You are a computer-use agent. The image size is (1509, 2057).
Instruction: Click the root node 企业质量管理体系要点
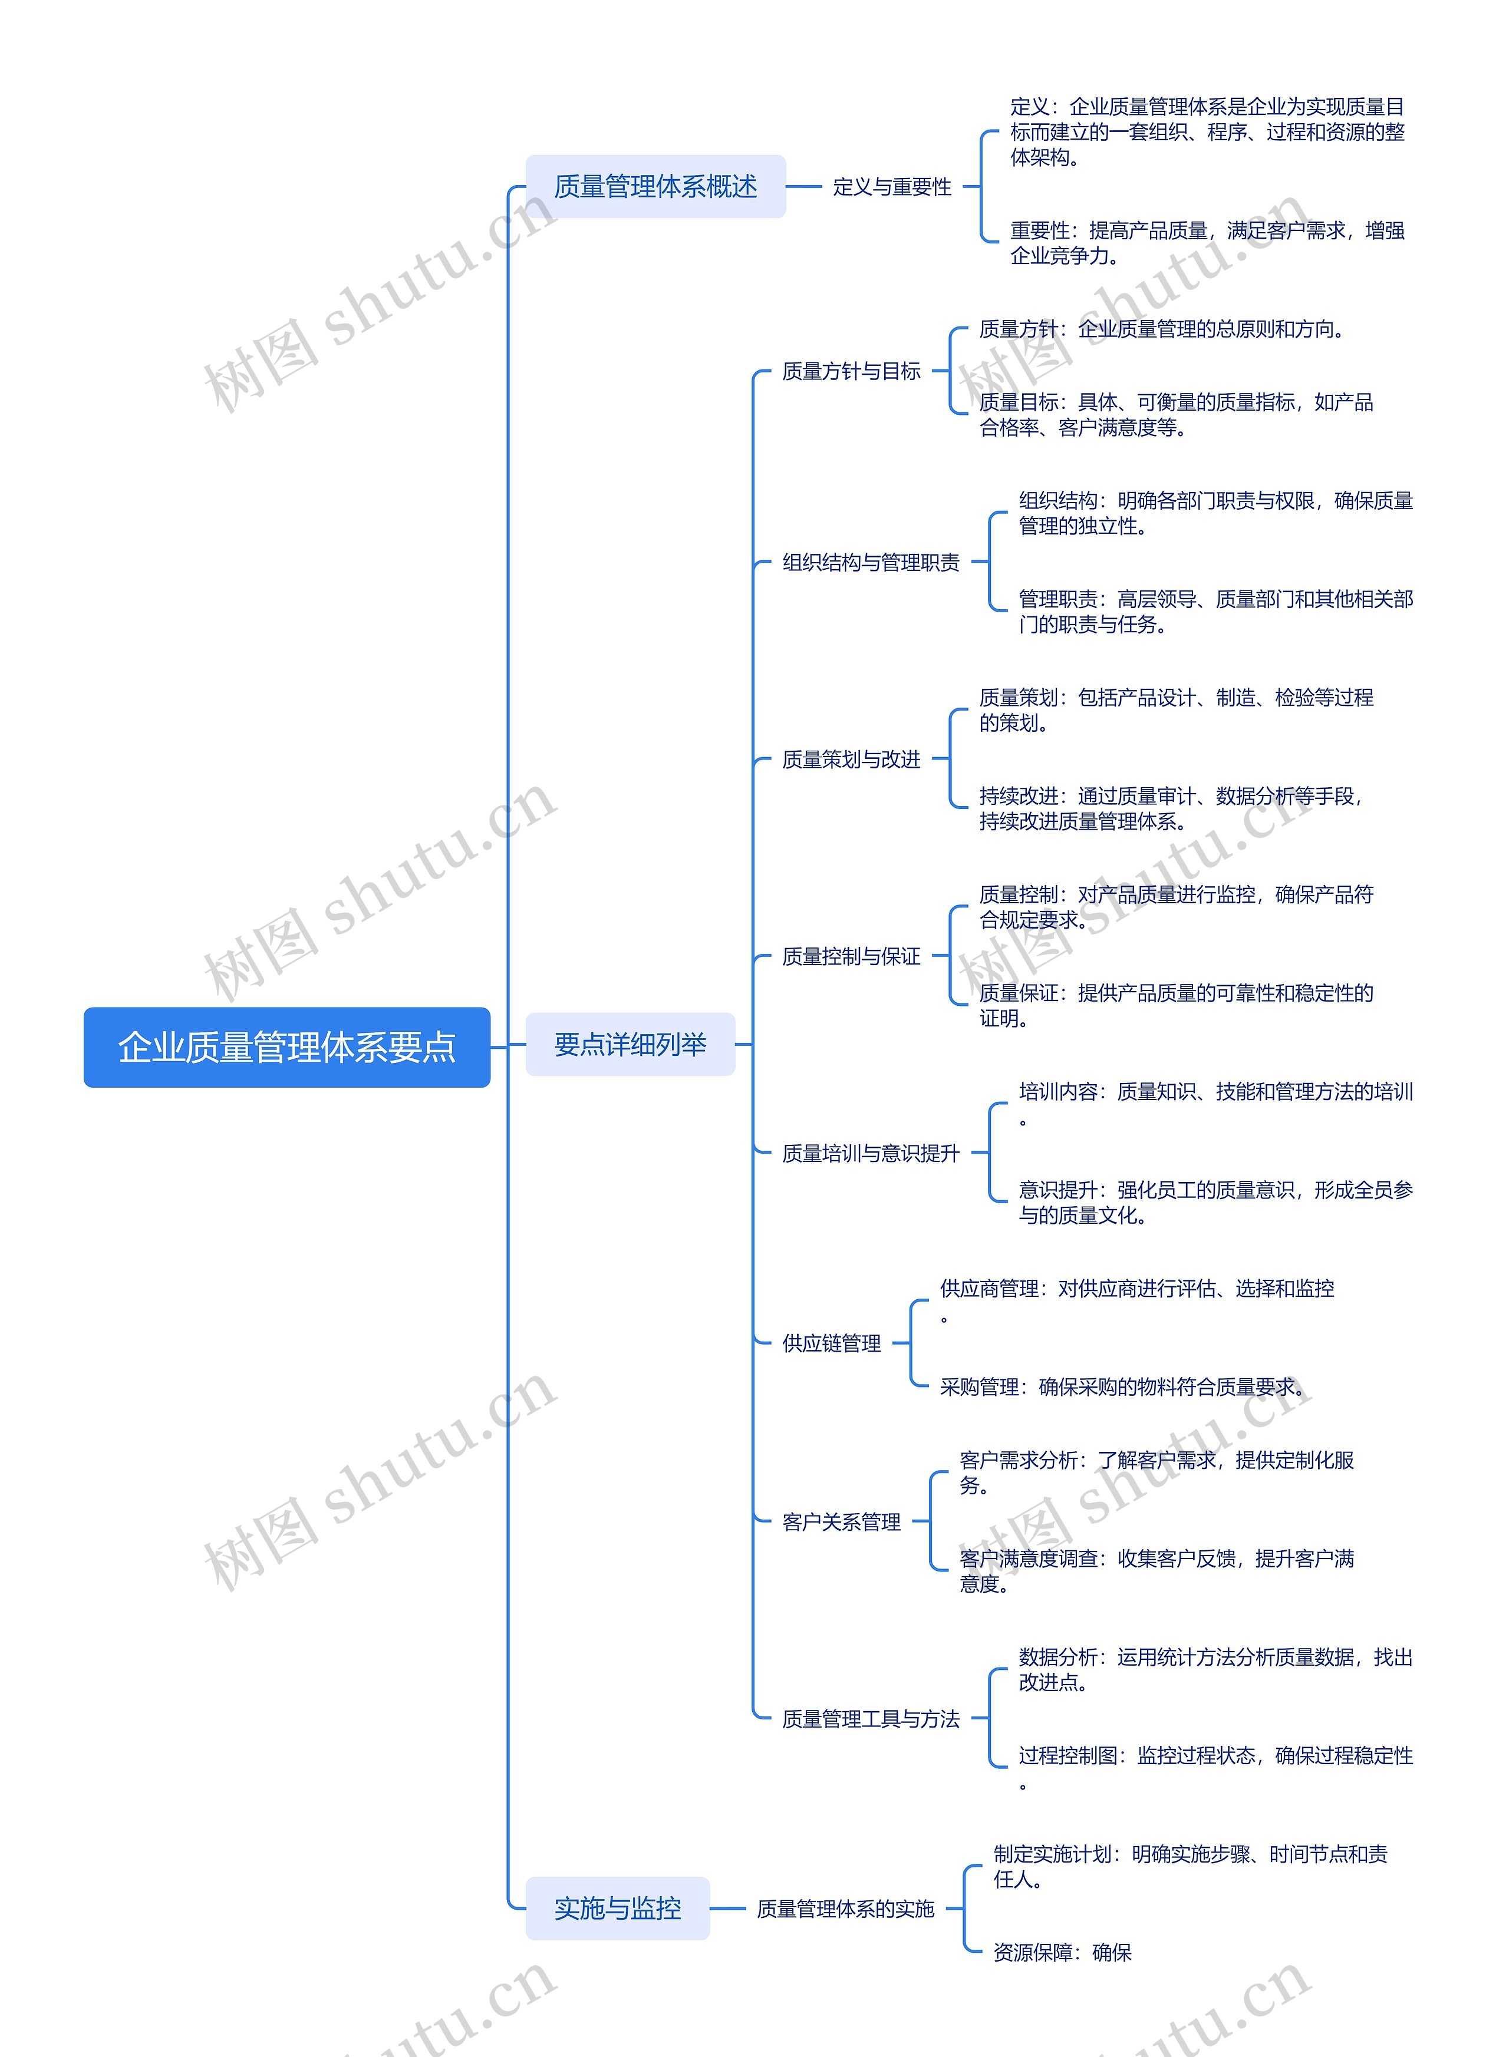point(287,1046)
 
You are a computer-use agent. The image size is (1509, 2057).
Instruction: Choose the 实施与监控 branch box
point(618,1907)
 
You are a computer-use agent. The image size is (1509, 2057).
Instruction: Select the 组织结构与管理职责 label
point(871,562)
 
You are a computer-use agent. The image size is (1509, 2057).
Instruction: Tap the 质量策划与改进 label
point(851,760)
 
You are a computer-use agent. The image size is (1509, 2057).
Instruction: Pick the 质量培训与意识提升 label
point(871,1153)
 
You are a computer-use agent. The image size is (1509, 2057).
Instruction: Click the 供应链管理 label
point(831,1343)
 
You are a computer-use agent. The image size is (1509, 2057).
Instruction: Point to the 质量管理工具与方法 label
point(871,1719)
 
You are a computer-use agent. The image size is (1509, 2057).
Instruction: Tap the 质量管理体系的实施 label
point(845,1908)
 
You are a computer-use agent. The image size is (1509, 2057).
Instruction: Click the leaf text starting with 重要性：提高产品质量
point(1207,243)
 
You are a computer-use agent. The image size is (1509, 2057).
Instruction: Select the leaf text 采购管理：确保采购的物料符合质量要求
point(1122,1387)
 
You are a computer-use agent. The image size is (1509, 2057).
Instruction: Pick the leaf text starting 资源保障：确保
point(1062,1952)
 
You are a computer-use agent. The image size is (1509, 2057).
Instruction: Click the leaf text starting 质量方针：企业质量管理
point(1161,329)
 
